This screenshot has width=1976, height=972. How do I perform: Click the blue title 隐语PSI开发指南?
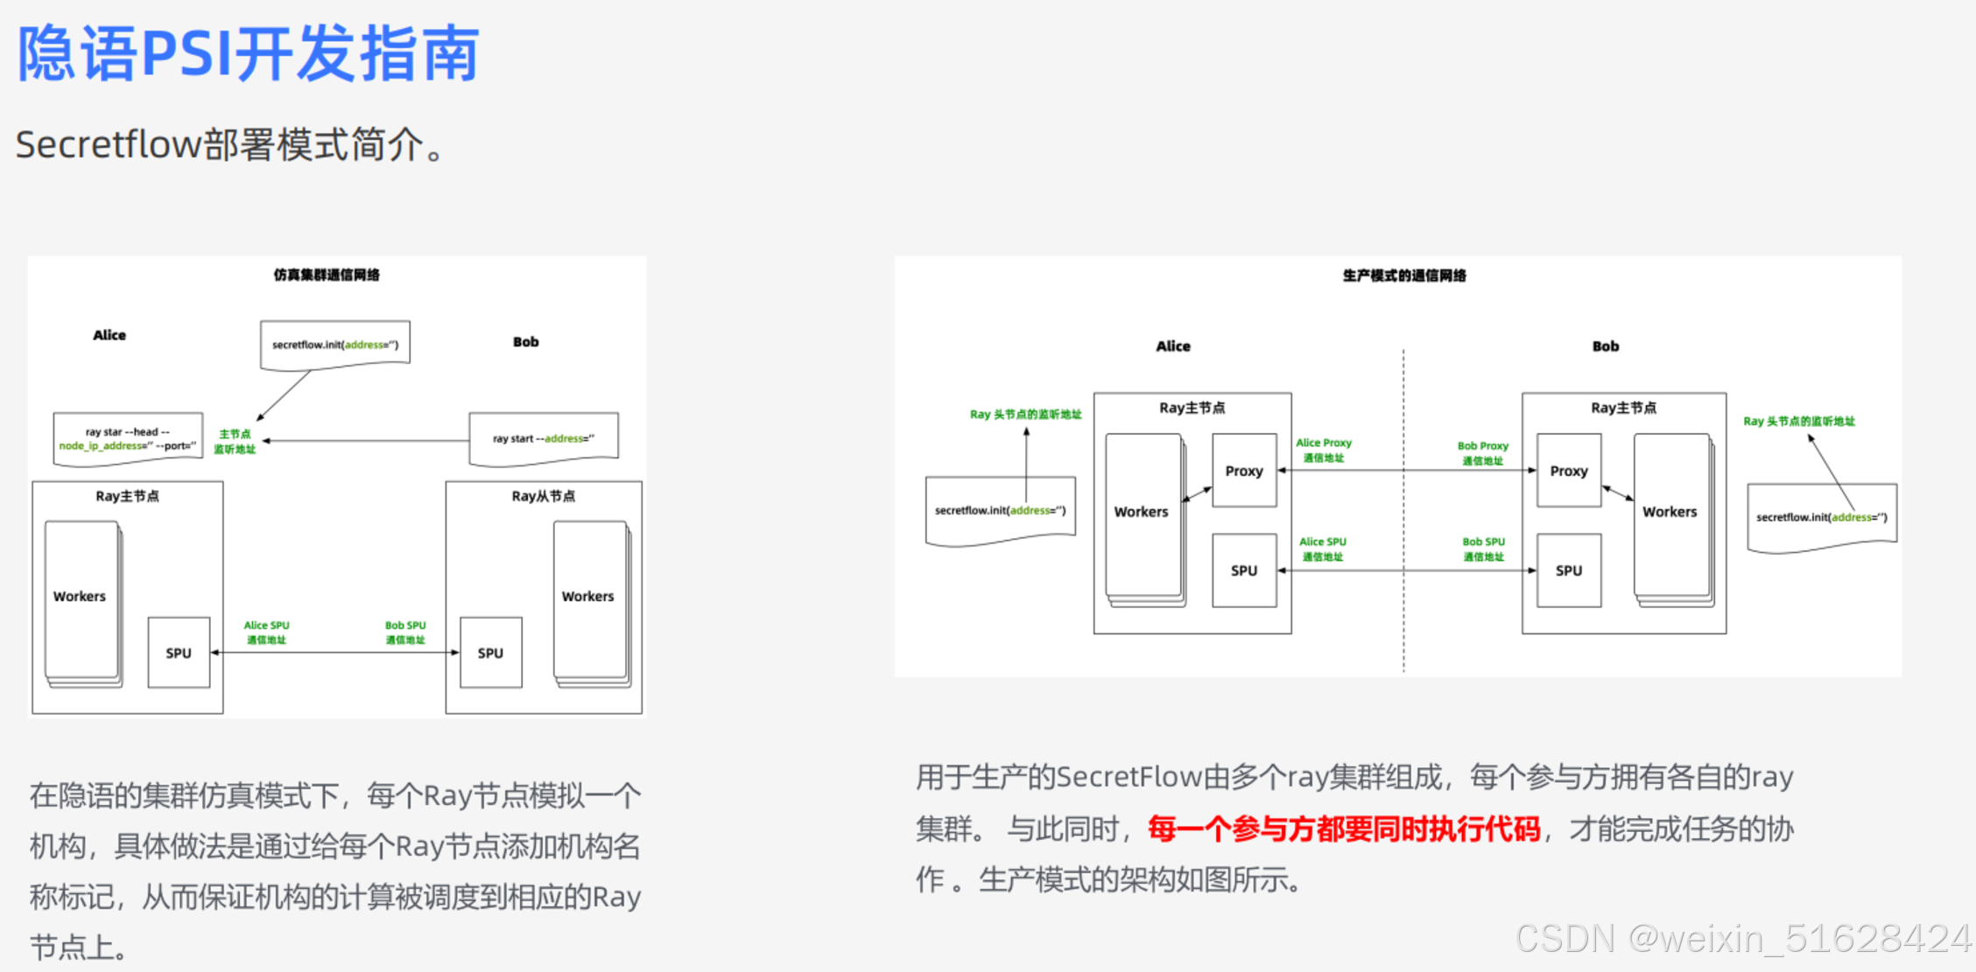[248, 54]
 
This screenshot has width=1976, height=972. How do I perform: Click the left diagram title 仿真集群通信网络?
[327, 275]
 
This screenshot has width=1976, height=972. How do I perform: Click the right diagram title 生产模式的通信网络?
[1404, 276]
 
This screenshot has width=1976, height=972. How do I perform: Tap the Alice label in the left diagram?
[109, 335]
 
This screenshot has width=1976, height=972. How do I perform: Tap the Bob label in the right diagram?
[1605, 346]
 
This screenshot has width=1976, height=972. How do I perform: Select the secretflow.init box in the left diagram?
[334, 345]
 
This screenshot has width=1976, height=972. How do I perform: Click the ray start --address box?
[543, 438]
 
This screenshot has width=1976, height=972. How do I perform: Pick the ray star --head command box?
[128, 438]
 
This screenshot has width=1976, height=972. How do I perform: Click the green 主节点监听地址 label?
[235, 442]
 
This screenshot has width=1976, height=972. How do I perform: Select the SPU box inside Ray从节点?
[490, 653]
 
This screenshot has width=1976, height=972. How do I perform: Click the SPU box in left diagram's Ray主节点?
[179, 653]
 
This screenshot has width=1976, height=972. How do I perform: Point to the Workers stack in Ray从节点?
[589, 598]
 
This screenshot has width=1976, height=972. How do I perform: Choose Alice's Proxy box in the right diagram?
[1243, 471]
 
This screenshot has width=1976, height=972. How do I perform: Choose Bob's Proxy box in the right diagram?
[1568, 471]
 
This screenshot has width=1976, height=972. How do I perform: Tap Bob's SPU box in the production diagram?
[1568, 570]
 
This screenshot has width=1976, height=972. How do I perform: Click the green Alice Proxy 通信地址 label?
[1324, 450]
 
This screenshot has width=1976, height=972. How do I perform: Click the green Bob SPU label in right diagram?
[1483, 549]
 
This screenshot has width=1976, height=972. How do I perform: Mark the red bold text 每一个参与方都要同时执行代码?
[1343, 829]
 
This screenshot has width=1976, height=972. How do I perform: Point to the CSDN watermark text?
[1742, 939]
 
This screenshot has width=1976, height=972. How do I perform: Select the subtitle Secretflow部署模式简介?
[231, 144]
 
